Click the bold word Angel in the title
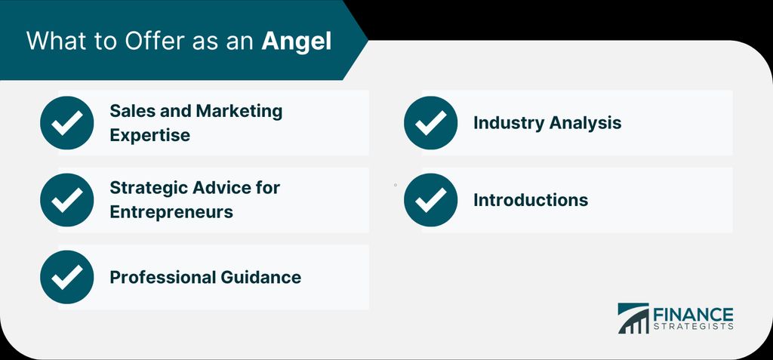click(x=296, y=42)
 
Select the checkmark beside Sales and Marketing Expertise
click(x=67, y=123)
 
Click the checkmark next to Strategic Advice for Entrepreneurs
click(x=67, y=200)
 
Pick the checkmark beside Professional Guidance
click(x=67, y=277)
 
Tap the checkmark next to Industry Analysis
click(x=430, y=123)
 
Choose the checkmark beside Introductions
click(x=430, y=200)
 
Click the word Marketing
click(x=239, y=112)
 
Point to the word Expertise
click(x=150, y=135)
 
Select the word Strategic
click(x=149, y=188)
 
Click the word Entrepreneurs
click(x=171, y=211)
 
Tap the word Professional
click(x=163, y=277)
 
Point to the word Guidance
click(x=260, y=277)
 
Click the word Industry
click(x=509, y=123)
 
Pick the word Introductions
click(x=531, y=200)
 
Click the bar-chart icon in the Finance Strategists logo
click(x=633, y=318)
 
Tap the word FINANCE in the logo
click(x=693, y=314)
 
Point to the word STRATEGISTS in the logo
click(x=693, y=327)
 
